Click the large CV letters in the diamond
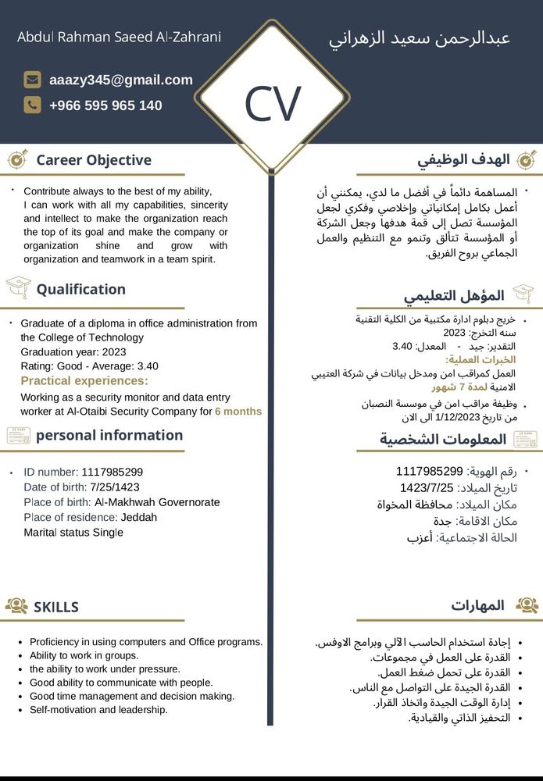[272, 105]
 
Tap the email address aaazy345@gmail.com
[120, 80]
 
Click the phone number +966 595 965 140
[105, 105]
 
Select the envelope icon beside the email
[32, 80]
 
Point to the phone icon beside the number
[32, 105]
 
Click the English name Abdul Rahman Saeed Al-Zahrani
[119, 37]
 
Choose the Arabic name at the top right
[420, 38]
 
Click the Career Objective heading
[94, 160]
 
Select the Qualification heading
[80, 289]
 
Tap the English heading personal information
[109, 435]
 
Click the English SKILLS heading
[56, 607]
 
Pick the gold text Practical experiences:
[84, 380]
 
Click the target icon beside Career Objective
[17, 159]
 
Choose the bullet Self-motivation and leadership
[98, 710]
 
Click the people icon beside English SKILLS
[16, 606]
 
